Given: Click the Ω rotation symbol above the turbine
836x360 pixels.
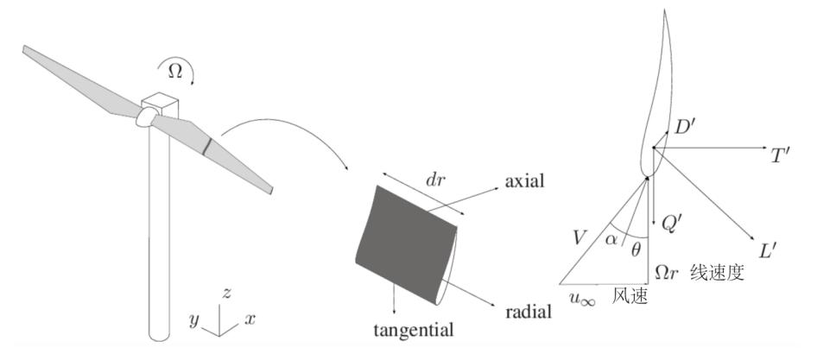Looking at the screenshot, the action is point(175,72).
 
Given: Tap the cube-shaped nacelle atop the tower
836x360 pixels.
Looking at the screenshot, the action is point(159,105).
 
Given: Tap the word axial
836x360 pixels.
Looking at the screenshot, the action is point(524,180).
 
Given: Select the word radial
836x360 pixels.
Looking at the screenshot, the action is point(528,311).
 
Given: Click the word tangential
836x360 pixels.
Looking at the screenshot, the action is point(413,330).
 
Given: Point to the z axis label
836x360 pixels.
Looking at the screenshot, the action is point(226,293).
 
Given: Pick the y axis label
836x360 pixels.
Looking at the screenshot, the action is point(194,320).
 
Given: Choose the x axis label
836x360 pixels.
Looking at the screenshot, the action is point(250,319).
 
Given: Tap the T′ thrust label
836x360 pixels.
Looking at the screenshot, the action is point(780,155).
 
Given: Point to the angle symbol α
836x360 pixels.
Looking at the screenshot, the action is point(611,239).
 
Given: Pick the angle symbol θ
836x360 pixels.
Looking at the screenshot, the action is point(636,249).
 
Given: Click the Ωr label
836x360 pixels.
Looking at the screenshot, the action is point(667,273).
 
